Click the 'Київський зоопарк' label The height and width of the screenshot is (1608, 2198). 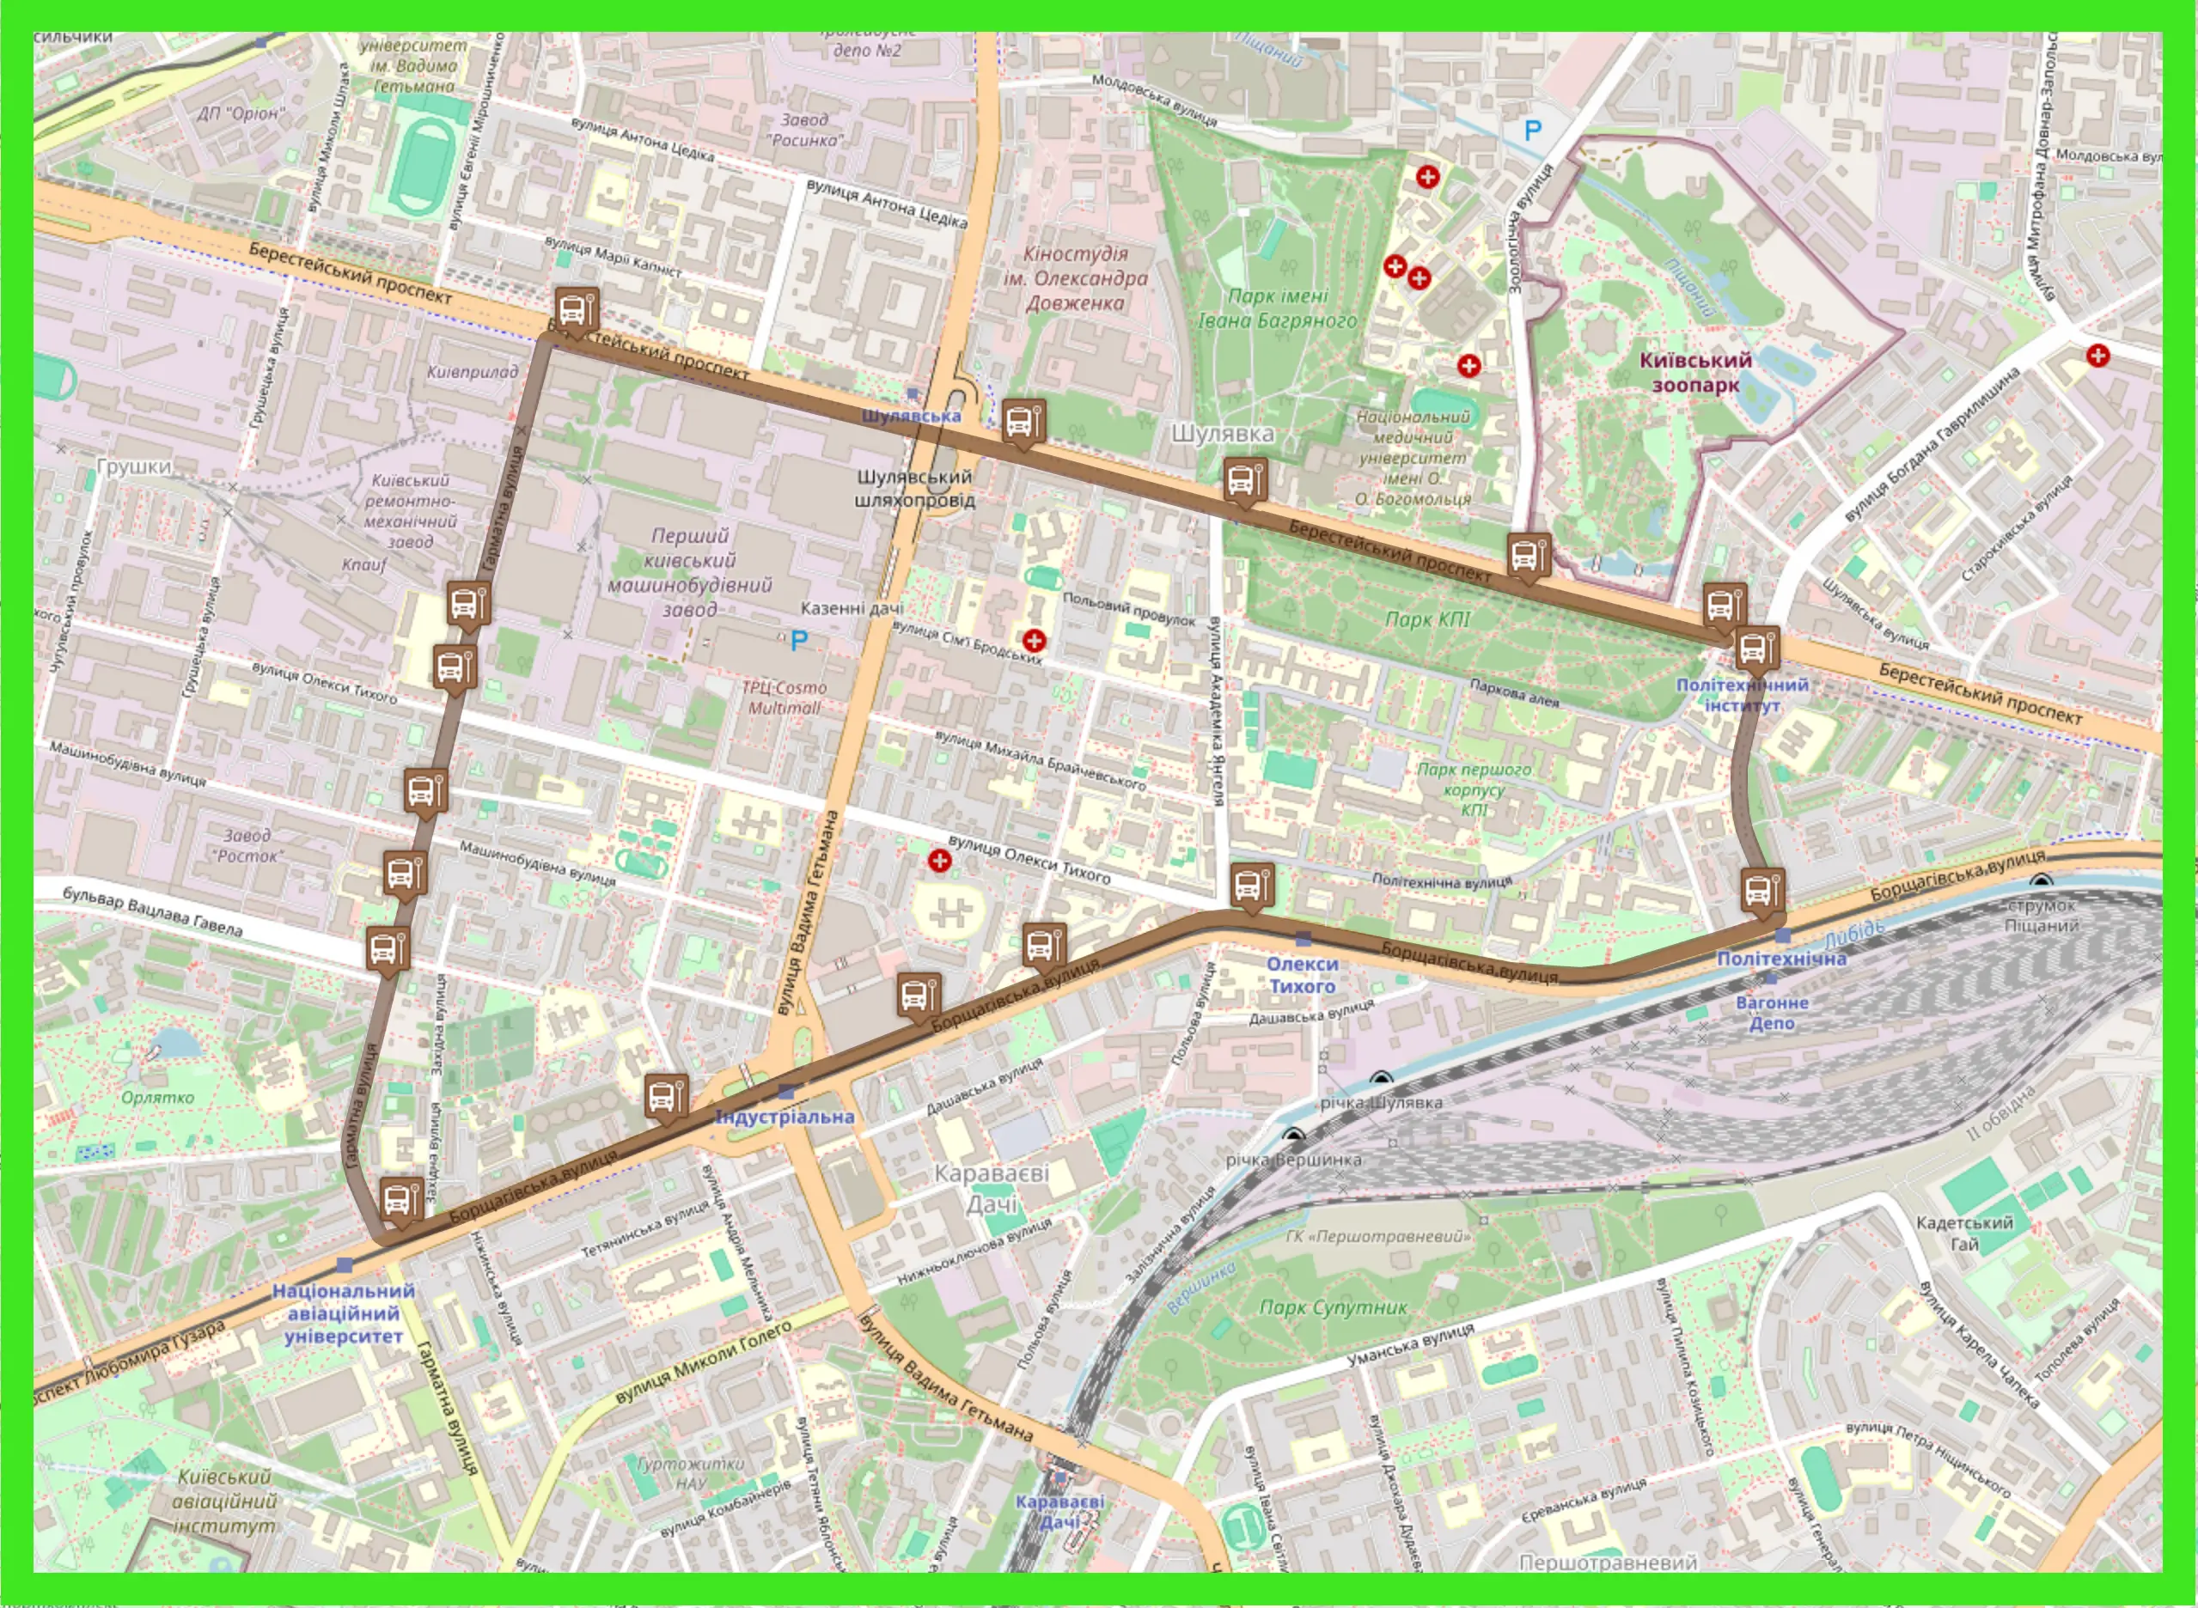coord(1694,372)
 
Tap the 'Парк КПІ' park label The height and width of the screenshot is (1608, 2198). coord(1427,619)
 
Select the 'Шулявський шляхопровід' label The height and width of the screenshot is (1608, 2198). coord(914,488)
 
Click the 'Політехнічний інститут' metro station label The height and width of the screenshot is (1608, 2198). coord(1742,695)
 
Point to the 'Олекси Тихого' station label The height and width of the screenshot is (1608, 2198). coord(1303,974)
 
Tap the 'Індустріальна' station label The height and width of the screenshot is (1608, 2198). coord(785,1117)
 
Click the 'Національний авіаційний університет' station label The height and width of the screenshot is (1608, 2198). coord(343,1313)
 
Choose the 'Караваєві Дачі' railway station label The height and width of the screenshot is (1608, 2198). coord(1059,1511)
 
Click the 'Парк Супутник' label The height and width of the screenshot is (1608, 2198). coord(1333,1307)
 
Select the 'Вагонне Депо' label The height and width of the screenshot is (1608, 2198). coord(1772,1012)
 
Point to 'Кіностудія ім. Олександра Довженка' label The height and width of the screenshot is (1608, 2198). coord(1075,278)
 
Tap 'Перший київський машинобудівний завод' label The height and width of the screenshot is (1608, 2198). coord(689,572)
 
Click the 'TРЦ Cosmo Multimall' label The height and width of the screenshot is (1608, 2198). coord(785,697)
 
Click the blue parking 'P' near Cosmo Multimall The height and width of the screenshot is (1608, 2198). coord(799,641)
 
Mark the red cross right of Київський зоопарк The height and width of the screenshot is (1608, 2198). coord(2097,356)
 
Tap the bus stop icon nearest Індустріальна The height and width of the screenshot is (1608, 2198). coord(666,1097)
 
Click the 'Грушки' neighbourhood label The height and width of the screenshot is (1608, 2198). coord(134,466)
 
